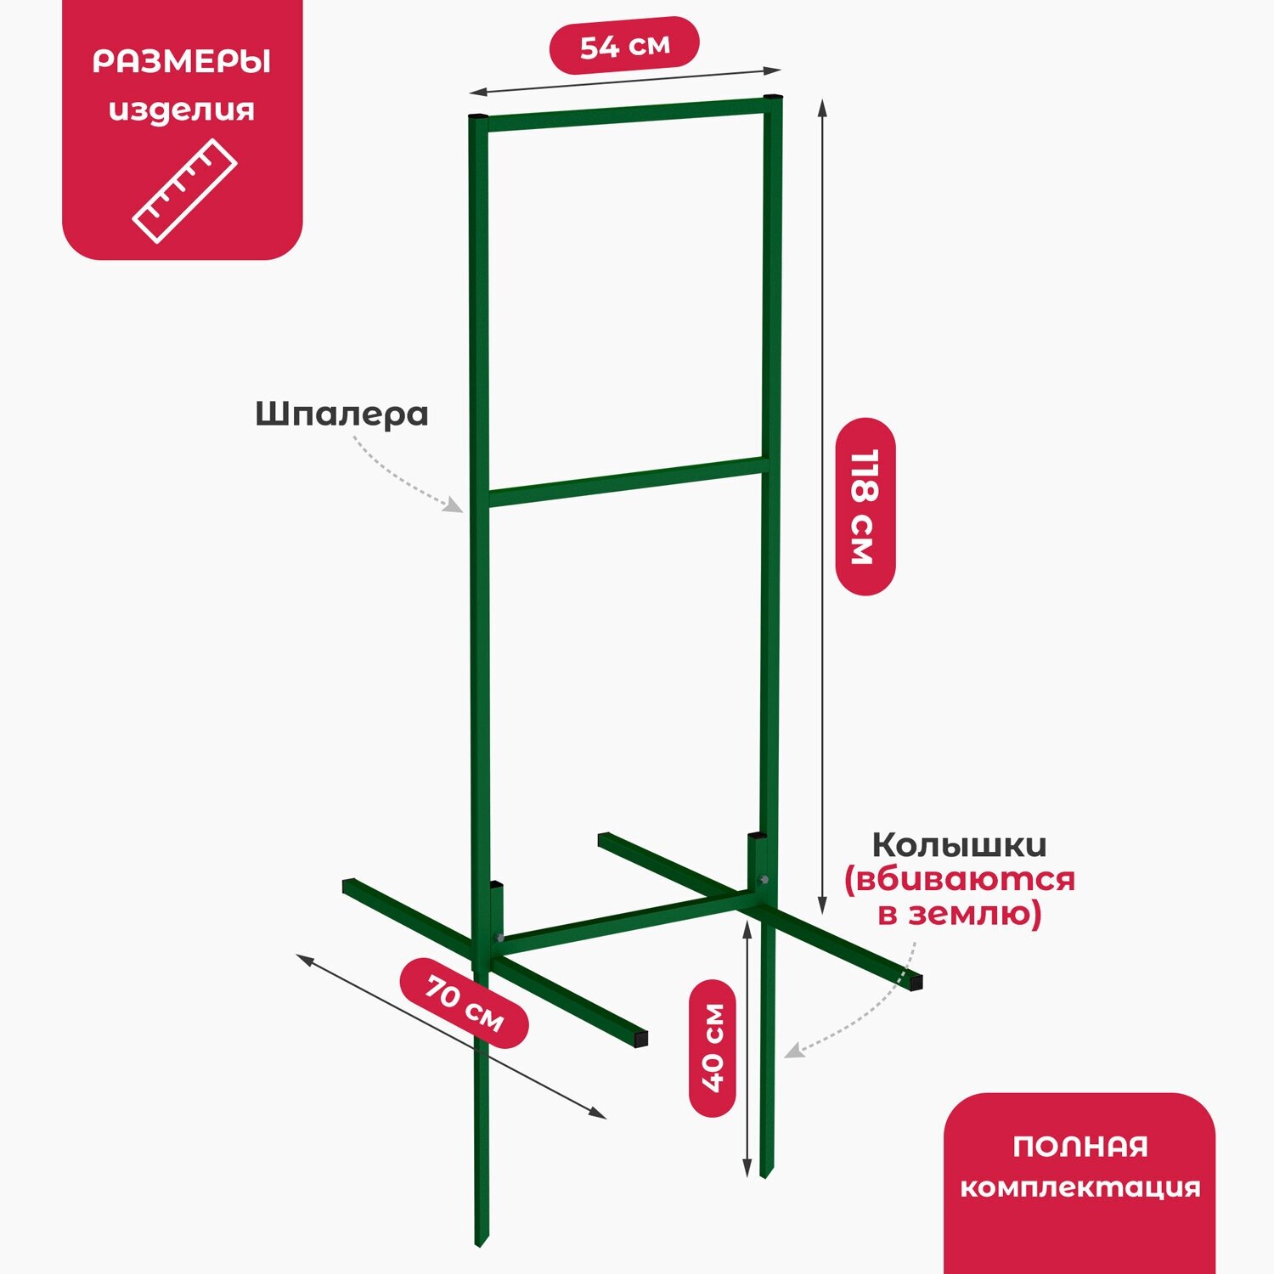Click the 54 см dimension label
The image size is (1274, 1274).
(x=624, y=46)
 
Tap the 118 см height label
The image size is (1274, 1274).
(x=865, y=506)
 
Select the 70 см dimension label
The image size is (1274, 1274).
(x=465, y=1003)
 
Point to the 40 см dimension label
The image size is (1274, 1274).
(x=712, y=1047)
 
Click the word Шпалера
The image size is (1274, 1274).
(x=341, y=414)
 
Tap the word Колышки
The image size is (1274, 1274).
(x=959, y=846)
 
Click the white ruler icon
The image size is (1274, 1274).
(x=184, y=191)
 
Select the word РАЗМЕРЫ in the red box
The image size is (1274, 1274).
(x=182, y=63)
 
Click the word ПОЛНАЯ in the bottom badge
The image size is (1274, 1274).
(x=1080, y=1147)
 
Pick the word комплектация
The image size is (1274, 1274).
(x=1080, y=1187)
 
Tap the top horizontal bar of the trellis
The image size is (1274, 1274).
(x=625, y=113)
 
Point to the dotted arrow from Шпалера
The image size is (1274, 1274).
(x=404, y=481)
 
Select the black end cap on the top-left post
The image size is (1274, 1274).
(x=479, y=116)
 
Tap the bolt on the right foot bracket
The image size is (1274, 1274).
(x=763, y=881)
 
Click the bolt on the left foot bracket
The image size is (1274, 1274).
(x=499, y=939)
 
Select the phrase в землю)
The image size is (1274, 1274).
(x=959, y=915)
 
